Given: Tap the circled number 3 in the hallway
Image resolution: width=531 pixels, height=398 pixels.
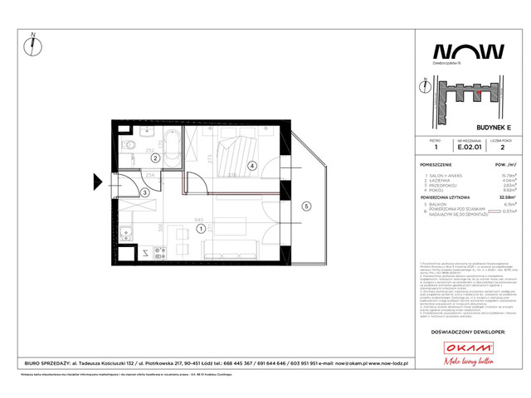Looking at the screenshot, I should (x=144, y=193).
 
